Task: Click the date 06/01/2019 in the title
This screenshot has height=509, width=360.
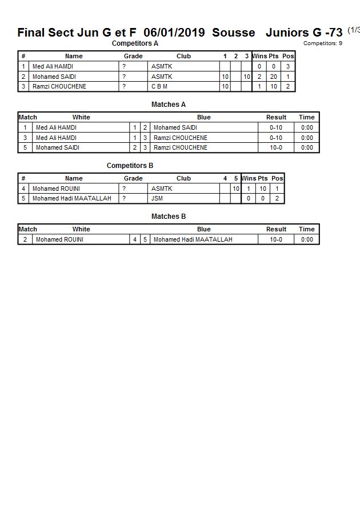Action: pos(174,33)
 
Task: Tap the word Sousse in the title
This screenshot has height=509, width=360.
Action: pos(233,33)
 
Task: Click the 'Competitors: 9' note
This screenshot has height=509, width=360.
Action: pos(322,43)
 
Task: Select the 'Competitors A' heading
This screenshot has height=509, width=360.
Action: pos(135,43)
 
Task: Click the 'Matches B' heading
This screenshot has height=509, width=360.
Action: pos(169,217)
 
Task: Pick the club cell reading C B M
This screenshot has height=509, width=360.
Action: pos(159,87)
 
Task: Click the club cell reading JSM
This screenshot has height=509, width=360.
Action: pos(157,199)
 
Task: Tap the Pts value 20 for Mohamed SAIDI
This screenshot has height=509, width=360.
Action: pos(273,77)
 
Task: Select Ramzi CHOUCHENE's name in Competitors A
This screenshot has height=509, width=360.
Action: pos(59,87)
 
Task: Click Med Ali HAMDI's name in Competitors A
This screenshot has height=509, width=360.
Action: pos(53,66)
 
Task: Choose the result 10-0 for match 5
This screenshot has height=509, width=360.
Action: pos(276,147)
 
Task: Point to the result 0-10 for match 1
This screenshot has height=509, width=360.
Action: pos(276,127)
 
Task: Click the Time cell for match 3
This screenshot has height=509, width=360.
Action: pos(307,138)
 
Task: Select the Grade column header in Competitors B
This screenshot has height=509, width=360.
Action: pos(133,178)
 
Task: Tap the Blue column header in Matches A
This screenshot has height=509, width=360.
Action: pos(203,117)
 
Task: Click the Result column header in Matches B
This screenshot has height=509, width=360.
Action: pos(276,229)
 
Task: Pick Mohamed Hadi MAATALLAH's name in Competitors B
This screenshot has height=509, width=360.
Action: pos(72,199)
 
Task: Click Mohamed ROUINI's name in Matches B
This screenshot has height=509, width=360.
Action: pos(59,239)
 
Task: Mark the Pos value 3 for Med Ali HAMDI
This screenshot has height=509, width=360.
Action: pos(288,66)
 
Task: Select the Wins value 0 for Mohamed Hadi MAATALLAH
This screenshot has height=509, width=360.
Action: pos(249,199)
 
